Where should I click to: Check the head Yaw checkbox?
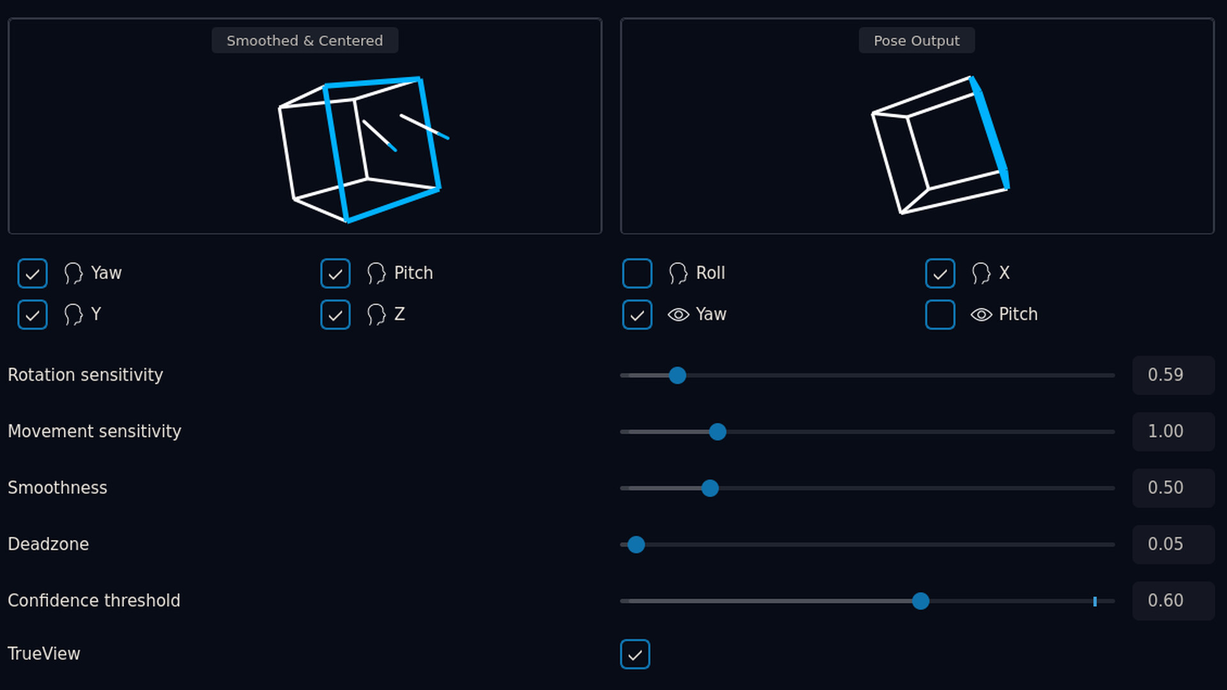point(33,273)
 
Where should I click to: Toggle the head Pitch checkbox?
point(336,273)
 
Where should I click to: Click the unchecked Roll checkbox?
point(637,273)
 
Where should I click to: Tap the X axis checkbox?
point(940,273)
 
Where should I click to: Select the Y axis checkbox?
point(33,314)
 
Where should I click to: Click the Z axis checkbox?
point(336,314)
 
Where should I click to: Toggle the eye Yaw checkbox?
point(637,314)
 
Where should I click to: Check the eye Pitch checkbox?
point(940,314)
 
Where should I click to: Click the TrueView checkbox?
point(635,654)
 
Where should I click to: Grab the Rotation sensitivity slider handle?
point(677,376)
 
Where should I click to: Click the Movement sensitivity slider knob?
point(718,432)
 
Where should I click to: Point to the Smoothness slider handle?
point(710,488)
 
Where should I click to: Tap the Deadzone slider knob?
point(636,544)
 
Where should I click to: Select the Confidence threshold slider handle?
point(921,601)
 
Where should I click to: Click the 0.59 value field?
point(1173,375)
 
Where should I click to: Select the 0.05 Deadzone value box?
point(1173,544)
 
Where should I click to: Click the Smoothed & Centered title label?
point(305,40)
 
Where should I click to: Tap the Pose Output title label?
point(916,40)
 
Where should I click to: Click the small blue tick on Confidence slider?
point(1095,601)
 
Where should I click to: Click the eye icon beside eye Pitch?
point(982,314)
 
